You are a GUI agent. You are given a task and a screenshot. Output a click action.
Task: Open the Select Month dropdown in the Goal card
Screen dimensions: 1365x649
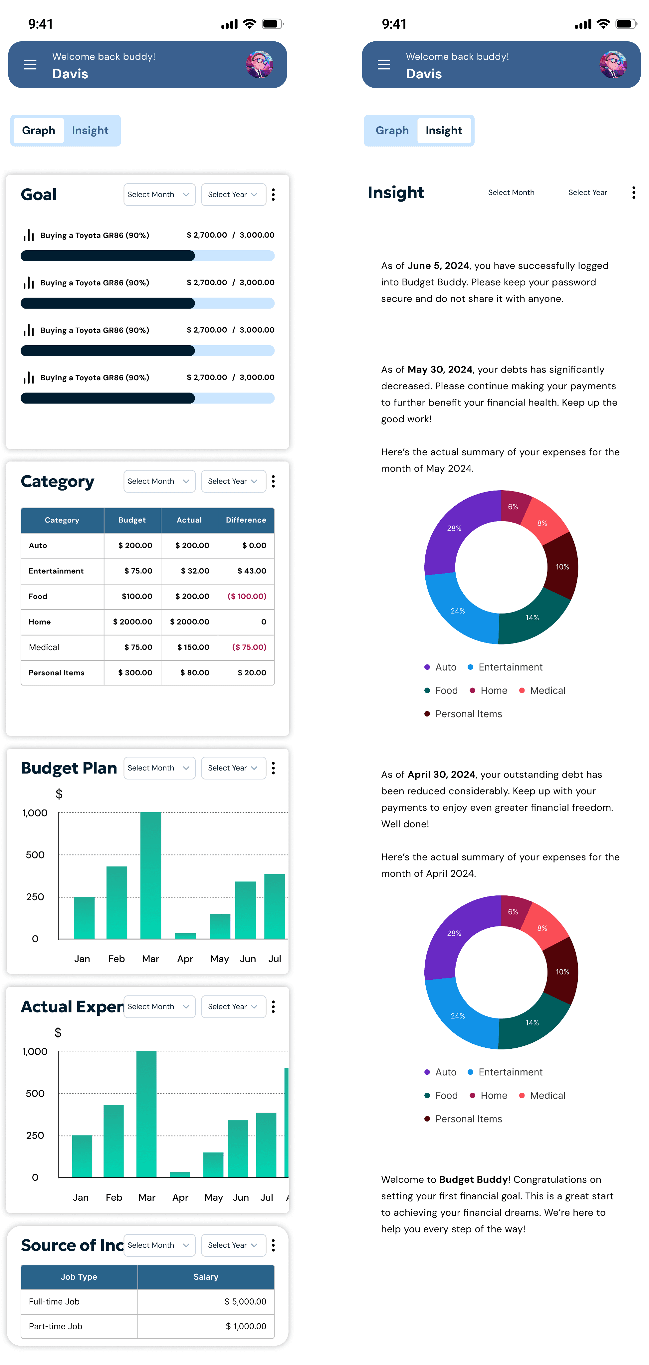point(159,195)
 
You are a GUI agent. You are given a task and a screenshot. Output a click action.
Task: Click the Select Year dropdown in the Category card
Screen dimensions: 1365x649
point(233,481)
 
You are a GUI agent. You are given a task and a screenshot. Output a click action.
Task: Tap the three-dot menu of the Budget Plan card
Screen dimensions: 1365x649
point(273,768)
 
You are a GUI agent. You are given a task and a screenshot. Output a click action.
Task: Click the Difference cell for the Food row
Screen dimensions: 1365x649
point(247,596)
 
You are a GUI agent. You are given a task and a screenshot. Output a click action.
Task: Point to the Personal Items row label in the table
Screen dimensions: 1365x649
point(57,673)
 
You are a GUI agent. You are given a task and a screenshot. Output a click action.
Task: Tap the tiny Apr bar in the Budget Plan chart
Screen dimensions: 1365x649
point(185,935)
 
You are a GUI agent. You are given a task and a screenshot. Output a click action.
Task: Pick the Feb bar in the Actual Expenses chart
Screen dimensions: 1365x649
point(114,1140)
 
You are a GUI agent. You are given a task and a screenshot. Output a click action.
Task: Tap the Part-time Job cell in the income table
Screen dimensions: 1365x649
point(56,1326)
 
